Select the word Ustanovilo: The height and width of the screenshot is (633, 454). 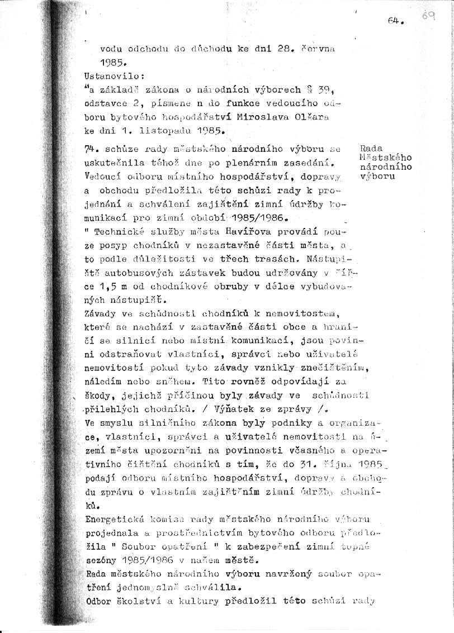tap(106, 74)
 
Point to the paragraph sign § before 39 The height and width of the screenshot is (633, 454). tap(309, 89)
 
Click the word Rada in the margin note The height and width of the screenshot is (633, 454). tap(372, 149)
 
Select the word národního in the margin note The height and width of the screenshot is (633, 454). tap(386, 166)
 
